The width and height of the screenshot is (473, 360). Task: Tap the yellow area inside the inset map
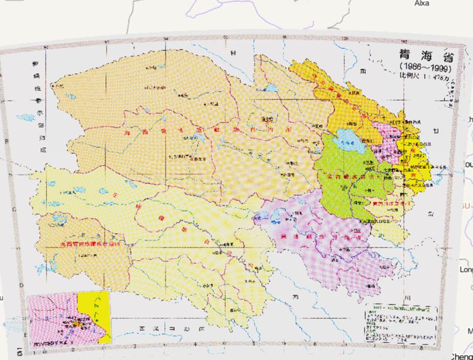click(x=99, y=308)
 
